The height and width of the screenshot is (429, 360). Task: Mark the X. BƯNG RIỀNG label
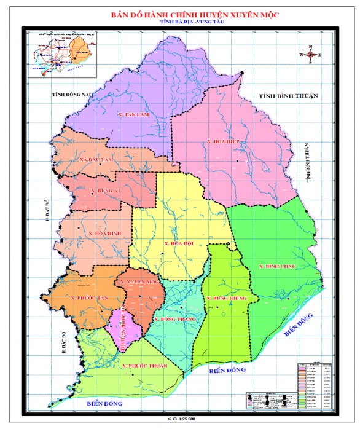pyautogui.click(x=226, y=298)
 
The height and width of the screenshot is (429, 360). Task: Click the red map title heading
pyautogui.click(x=181, y=12)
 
